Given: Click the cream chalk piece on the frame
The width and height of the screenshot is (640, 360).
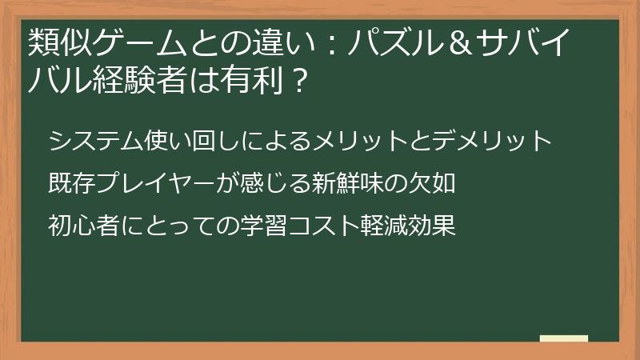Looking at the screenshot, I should coord(563,338).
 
